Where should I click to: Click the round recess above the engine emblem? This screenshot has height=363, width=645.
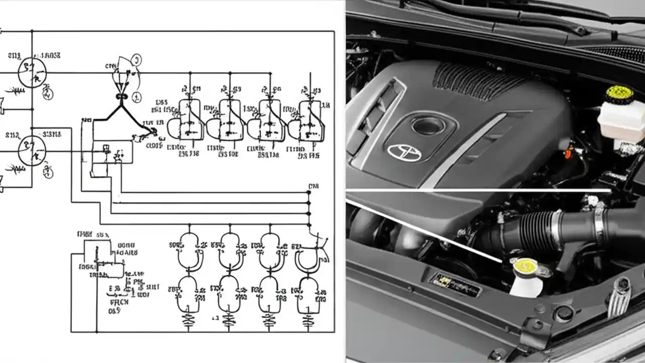coord(428,125)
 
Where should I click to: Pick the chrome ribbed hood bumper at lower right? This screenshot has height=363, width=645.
coord(618,297)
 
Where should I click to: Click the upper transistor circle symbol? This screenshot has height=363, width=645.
coord(32,72)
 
